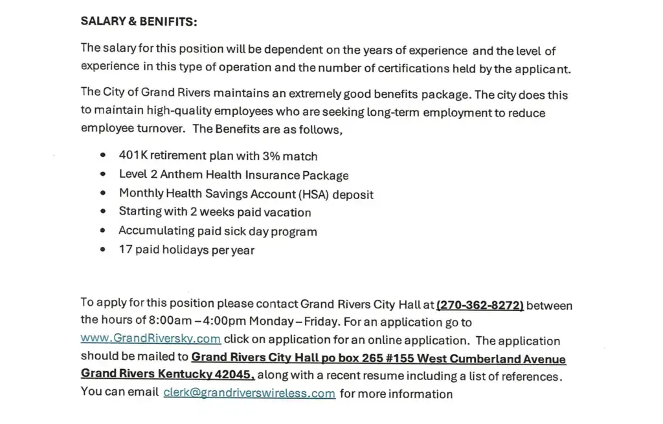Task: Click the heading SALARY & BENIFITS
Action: (x=139, y=21)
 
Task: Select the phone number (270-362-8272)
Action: (x=480, y=304)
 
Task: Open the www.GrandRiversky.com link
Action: (x=151, y=339)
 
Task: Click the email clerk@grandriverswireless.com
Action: (x=249, y=393)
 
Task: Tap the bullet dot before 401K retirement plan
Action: (x=103, y=156)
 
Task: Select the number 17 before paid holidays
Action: (x=126, y=249)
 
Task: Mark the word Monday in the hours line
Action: (x=271, y=321)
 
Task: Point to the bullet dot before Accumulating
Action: (x=103, y=231)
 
